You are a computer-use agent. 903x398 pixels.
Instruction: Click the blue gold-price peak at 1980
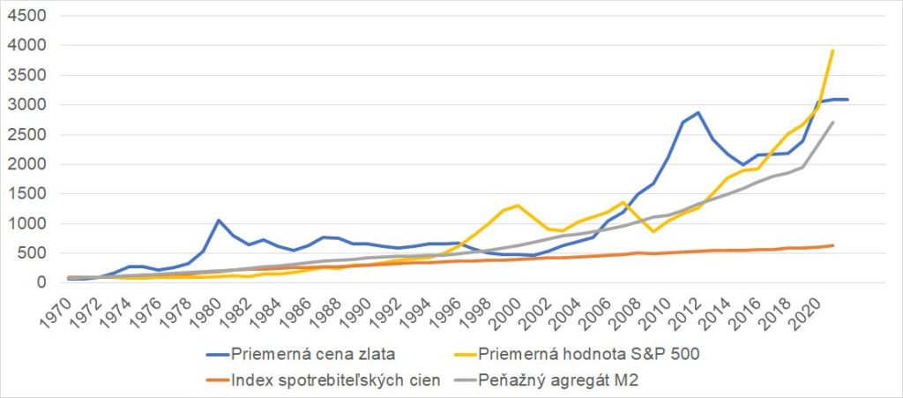click(x=219, y=220)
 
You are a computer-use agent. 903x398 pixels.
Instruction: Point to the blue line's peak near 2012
click(x=698, y=112)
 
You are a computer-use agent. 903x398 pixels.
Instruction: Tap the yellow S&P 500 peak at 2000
click(x=517, y=205)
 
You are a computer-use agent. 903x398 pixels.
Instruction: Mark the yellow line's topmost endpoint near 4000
click(x=833, y=50)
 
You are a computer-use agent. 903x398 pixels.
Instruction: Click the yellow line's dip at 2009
click(x=653, y=231)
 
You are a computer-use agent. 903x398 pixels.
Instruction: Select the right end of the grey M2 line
click(x=833, y=122)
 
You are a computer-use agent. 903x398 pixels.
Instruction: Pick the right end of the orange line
click(x=833, y=245)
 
